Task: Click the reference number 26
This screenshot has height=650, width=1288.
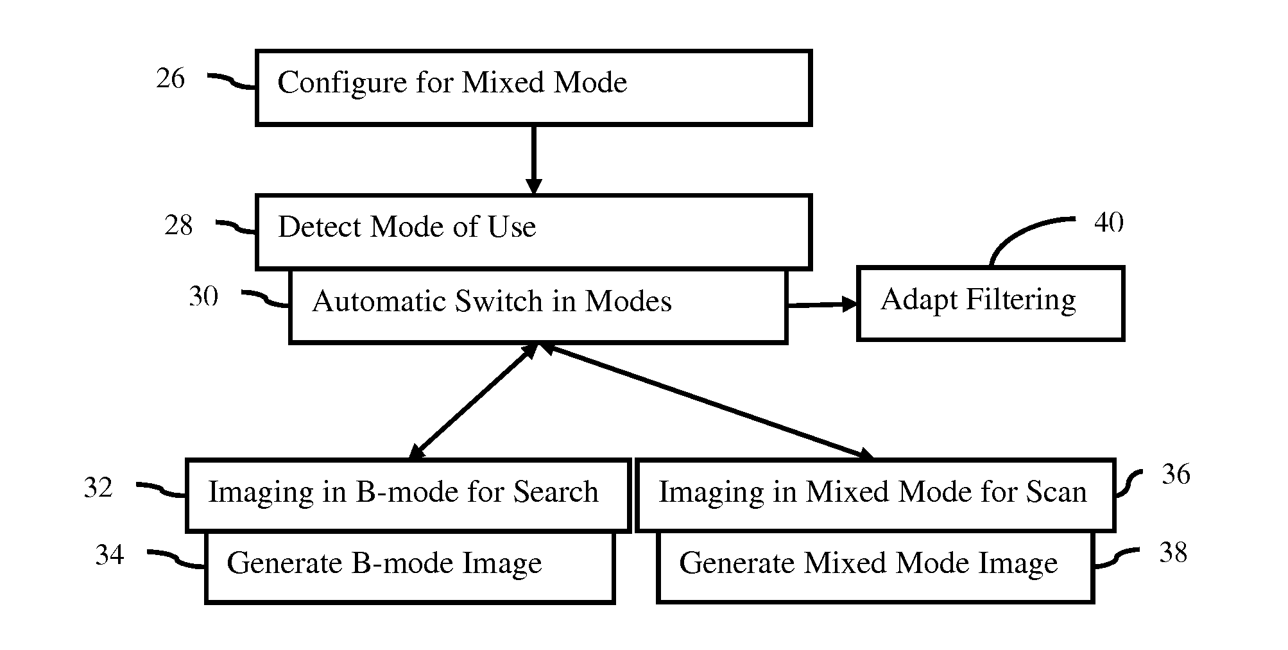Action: tap(170, 79)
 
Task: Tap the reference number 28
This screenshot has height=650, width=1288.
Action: tap(178, 226)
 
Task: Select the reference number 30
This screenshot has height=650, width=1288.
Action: tap(203, 296)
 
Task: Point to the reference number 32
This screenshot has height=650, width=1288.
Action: tap(98, 488)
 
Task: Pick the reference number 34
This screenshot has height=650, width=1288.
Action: tap(109, 554)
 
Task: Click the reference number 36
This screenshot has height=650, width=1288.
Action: tap(1176, 475)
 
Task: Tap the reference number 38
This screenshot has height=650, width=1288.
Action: tap(1173, 552)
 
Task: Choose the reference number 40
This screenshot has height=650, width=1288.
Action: tap(1109, 223)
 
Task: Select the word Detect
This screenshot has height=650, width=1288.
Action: tap(319, 227)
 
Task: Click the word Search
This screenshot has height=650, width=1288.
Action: tap(556, 492)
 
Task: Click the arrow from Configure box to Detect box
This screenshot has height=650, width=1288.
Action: tap(533, 160)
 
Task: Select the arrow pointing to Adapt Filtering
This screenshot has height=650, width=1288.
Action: tap(823, 304)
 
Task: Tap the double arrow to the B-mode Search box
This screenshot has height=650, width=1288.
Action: tap(474, 402)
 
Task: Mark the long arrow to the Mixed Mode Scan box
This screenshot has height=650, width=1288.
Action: tap(707, 402)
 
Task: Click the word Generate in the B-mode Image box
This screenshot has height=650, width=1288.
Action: tap(284, 563)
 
